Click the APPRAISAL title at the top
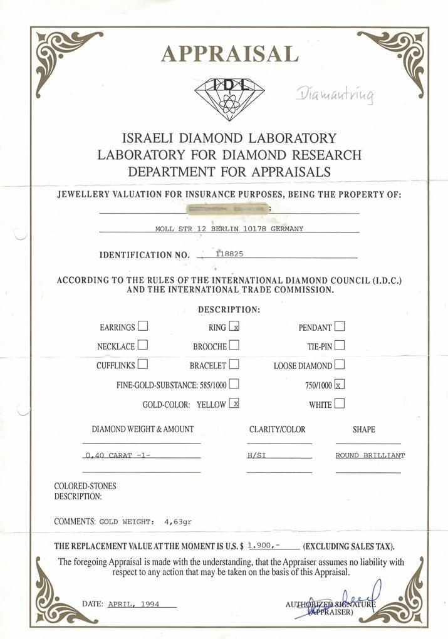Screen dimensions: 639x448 (x=229, y=54)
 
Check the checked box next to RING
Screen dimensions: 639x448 (x=234, y=326)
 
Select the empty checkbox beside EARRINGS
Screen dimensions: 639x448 (x=143, y=326)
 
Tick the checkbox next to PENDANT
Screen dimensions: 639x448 (x=340, y=326)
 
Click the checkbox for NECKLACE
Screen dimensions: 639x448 (x=143, y=345)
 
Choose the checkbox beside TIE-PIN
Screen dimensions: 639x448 (x=340, y=345)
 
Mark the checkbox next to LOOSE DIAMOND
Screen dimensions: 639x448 (x=340, y=364)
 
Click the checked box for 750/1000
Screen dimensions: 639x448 (x=340, y=384)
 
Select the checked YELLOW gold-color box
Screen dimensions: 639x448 (x=234, y=403)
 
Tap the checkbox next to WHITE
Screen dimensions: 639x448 (x=340, y=404)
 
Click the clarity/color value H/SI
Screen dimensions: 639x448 (x=257, y=455)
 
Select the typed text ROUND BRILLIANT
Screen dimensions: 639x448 (x=370, y=455)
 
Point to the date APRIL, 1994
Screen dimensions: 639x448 (x=134, y=604)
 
